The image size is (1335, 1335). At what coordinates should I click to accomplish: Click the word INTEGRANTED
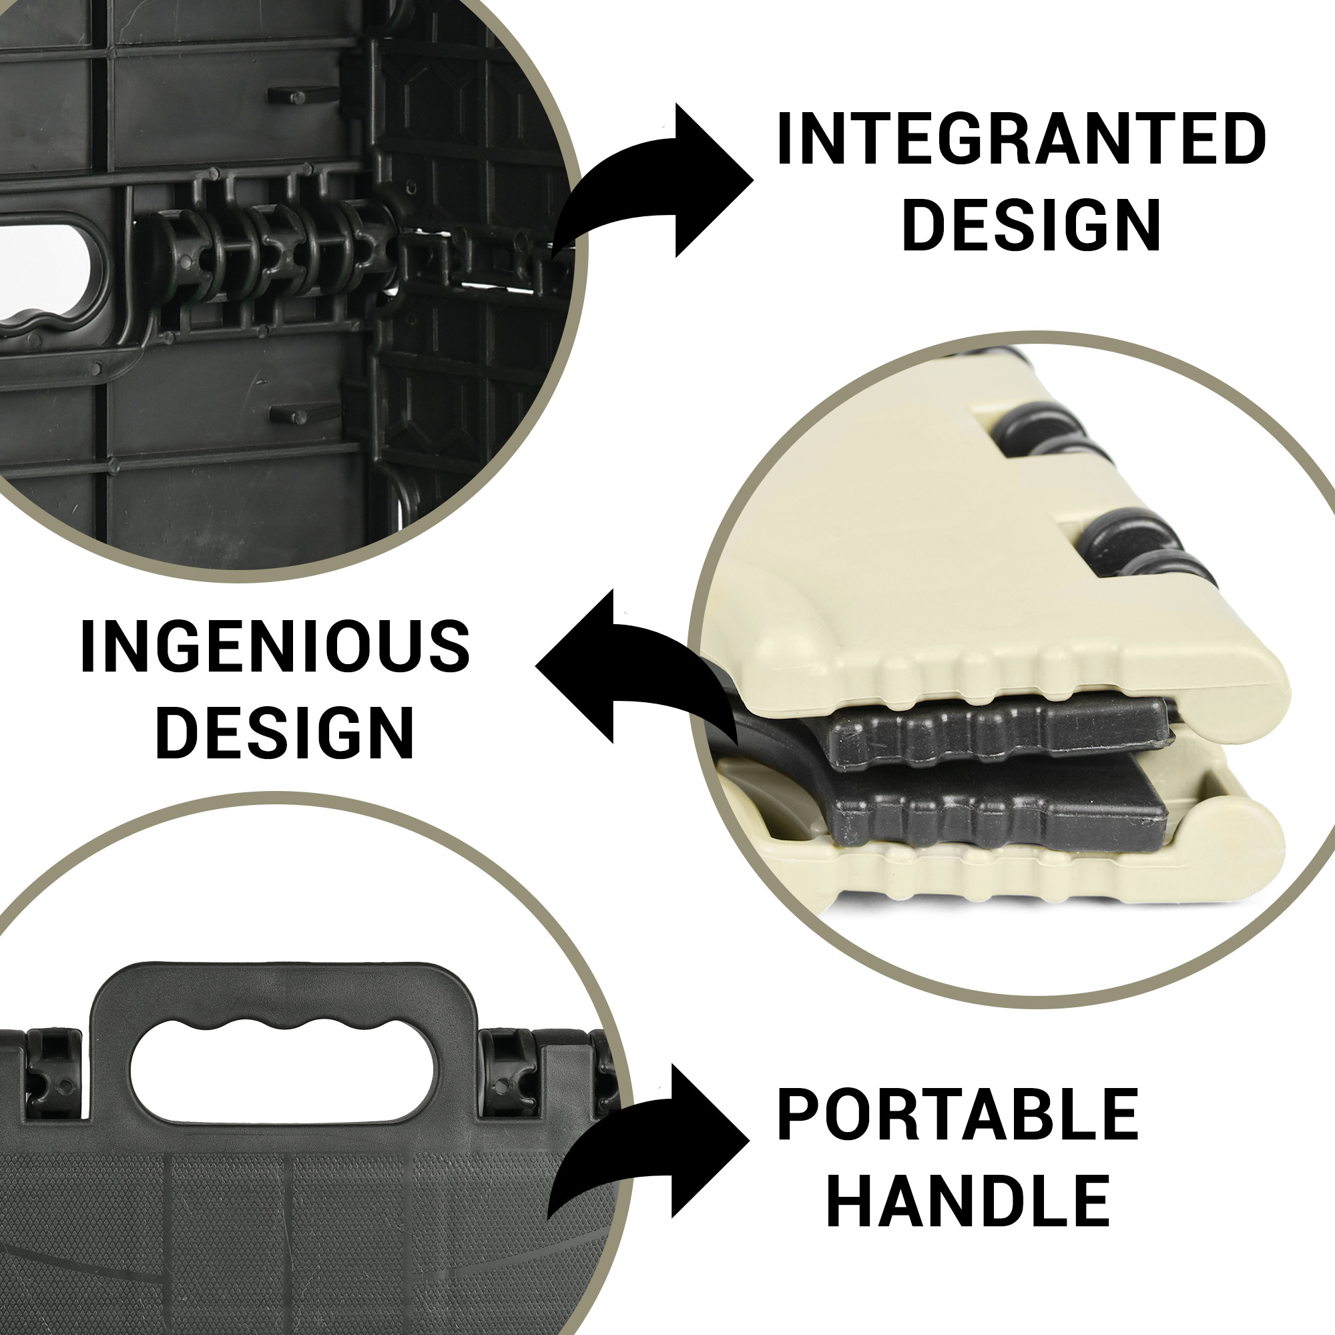[x=1021, y=140]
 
